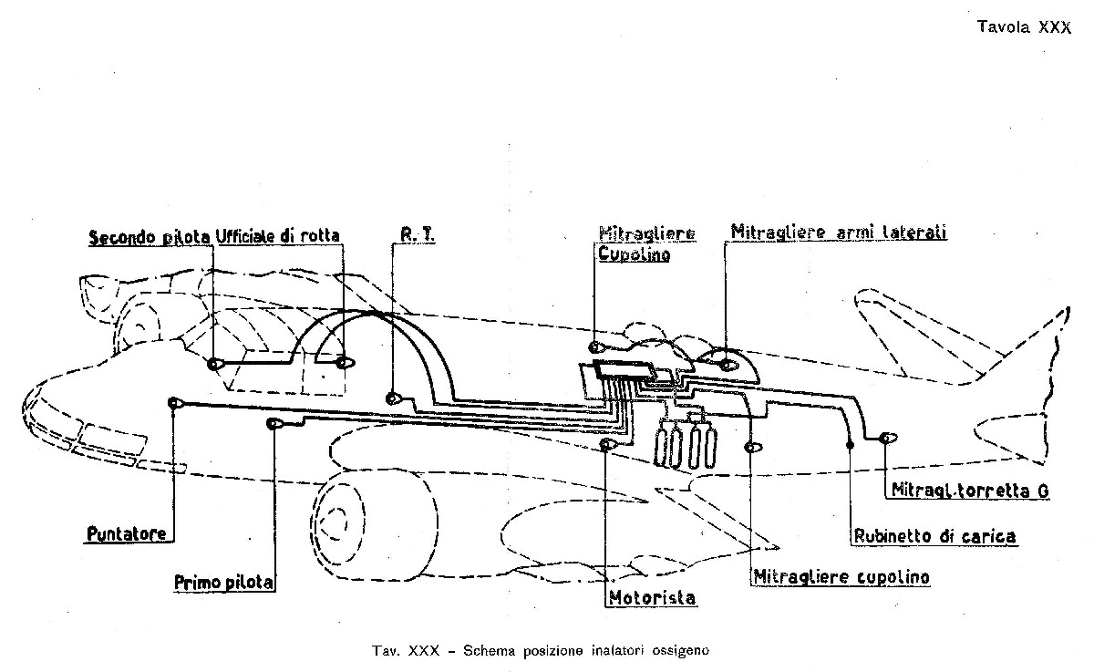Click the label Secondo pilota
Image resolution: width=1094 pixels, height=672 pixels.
pyautogui.click(x=150, y=237)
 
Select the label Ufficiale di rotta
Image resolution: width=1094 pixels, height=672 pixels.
pyautogui.click(x=277, y=236)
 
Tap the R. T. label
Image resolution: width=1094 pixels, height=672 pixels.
pyautogui.click(x=418, y=235)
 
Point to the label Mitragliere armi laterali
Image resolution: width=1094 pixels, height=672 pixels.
pyautogui.click(x=839, y=232)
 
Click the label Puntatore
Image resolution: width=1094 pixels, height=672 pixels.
pyautogui.click(x=127, y=533)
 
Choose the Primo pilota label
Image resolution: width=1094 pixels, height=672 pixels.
pyautogui.click(x=223, y=582)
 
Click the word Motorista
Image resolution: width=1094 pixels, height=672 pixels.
pyautogui.click(x=652, y=598)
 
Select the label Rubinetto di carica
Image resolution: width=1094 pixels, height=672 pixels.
pyautogui.click(x=934, y=536)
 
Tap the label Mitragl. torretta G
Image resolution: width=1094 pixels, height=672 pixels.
pyautogui.click(x=970, y=490)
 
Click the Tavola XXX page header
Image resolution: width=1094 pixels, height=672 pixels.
pyautogui.click(x=1024, y=26)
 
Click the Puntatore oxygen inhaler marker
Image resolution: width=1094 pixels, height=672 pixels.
pyautogui.click(x=174, y=403)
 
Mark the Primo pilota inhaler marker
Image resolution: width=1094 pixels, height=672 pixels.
pyautogui.click(x=274, y=423)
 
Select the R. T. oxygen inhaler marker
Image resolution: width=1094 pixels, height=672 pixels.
pyautogui.click(x=393, y=398)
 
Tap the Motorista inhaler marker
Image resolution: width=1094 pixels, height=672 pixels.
pyautogui.click(x=606, y=444)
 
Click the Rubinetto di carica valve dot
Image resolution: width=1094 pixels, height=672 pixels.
pyautogui.click(x=850, y=444)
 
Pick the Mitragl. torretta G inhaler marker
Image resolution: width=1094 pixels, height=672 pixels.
pyautogui.click(x=887, y=438)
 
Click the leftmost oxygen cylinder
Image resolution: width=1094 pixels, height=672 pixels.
pyautogui.click(x=662, y=446)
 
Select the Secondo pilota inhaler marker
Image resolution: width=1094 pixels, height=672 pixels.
pyautogui.click(x=215, y=364)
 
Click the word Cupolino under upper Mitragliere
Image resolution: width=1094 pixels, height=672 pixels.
pyautogui.click(x=634, y=254)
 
